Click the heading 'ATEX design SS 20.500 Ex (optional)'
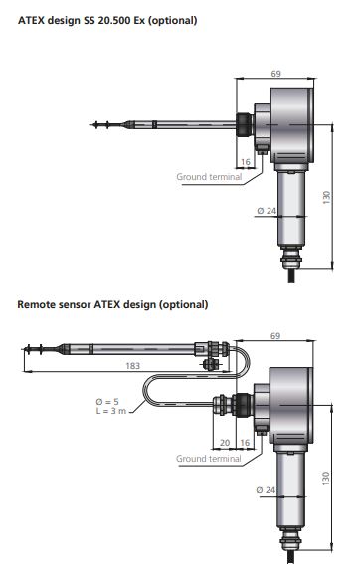(x=107, y=20)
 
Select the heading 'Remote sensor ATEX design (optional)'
(x=112, y=305)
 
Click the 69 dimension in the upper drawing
(x=275, y=74)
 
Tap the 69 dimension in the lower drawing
(x=275, y=336)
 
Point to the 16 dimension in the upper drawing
(x=246, y=162)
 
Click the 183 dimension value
(x=133, y=366)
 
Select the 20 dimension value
(x=225, y=443)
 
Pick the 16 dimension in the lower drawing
(x=245, y=443)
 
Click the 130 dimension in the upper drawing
(x=327, y=198)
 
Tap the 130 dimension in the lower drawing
(x=325, y=479)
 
